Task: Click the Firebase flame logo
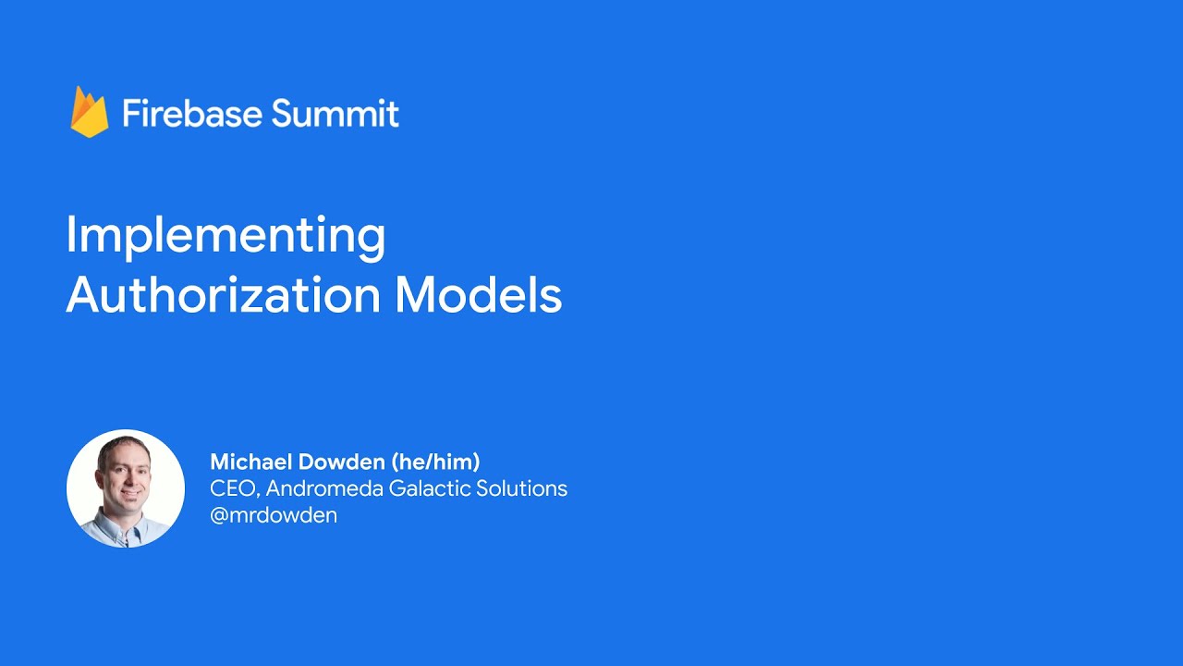(90, 113)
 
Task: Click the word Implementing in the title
(226, 236)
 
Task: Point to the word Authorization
(223, 296)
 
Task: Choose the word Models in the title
(478, 296)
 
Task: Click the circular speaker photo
(126, 488)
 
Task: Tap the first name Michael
(243, 462)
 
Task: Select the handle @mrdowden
(274, 515)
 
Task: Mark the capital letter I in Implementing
(70, 236)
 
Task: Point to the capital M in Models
(414, 296)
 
